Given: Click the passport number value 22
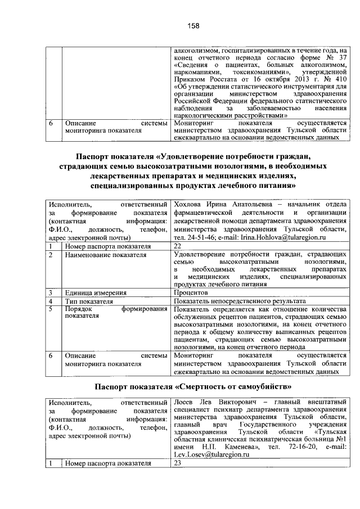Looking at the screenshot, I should tap(178, 246).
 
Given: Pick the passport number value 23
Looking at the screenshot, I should tap(178, 463).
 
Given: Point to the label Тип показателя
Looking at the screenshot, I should tap(88, 301).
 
